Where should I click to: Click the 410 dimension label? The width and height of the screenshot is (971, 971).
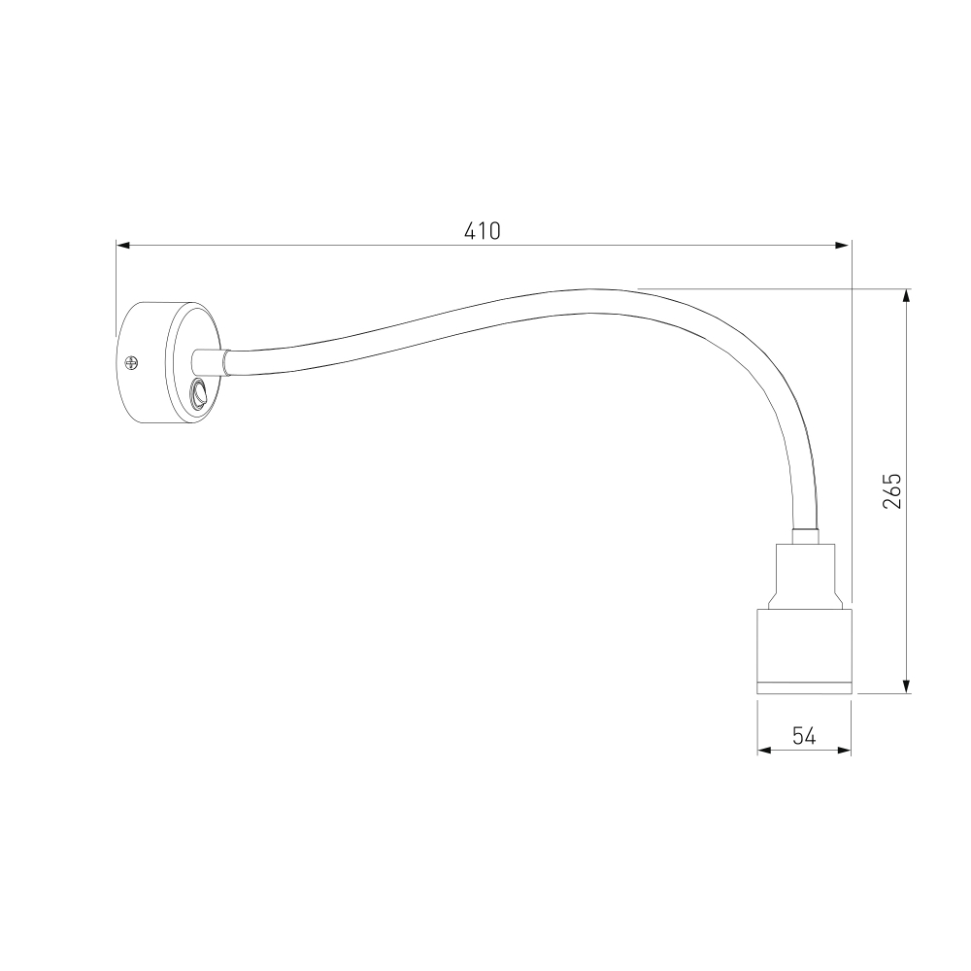tap(482, 230)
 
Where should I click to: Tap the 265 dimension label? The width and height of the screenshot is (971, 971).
tap(891, 491)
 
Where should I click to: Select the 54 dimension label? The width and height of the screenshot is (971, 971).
tap(804, 735)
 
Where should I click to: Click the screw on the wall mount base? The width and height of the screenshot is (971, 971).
tap(131, 362)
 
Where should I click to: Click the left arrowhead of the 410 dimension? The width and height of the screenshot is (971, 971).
tap(123, 246)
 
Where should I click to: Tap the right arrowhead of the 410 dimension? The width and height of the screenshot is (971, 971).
tap(843, 246)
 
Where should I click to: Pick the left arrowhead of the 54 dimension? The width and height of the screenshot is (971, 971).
tap(764, 751)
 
